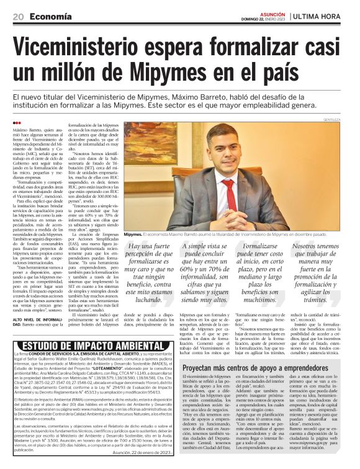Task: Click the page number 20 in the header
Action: coord(17,17)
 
